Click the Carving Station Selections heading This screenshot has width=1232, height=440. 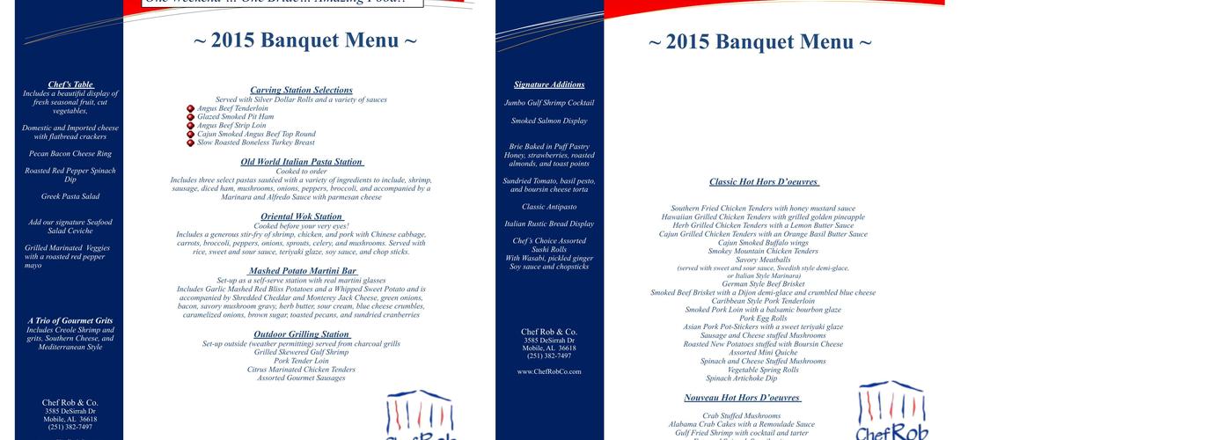(x=301, y=91)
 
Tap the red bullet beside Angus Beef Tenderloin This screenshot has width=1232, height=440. (x=191, y=109)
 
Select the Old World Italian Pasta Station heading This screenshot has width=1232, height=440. (x=302, y=162)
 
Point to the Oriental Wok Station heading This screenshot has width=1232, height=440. (x=302, y=216)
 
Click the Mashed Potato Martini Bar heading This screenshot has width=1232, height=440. (x=303, y=271)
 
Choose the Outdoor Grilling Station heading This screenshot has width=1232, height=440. (x=302, y=334)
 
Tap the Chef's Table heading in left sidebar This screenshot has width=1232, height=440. (x=70, y=84)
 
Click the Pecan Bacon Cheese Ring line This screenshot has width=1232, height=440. (x=70, y=154)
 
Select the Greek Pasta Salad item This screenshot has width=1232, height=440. (x=70, y=196)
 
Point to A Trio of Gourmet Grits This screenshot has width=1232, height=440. (x=70, y=320)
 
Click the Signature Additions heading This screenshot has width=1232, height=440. (x=549, y=84)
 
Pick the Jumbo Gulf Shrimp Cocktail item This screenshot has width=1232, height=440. (x=549, y=103)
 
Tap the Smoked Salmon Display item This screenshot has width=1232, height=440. (x=549, y=121)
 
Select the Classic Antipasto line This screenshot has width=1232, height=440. (x=549, y=207)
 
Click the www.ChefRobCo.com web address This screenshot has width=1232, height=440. (x=549, y=371)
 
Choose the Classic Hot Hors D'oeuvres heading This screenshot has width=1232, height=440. (x=764, y=182)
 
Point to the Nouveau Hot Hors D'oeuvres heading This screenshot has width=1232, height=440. (x=753, y=398)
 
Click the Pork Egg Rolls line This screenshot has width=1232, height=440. (x=763, y=319)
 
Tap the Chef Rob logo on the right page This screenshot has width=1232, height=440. (x=891, y=410)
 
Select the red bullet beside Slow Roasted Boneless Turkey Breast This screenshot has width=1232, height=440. (x=191, y=143)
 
